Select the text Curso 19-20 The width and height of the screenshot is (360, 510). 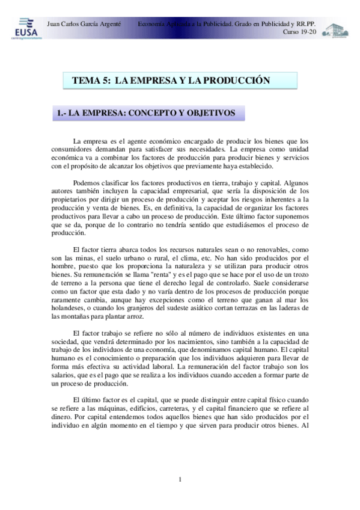click(299, 31)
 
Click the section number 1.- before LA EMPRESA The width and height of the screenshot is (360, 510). click(61, 112)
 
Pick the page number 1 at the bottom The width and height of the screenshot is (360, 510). click(180, 479)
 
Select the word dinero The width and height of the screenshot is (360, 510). click(64, 416)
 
